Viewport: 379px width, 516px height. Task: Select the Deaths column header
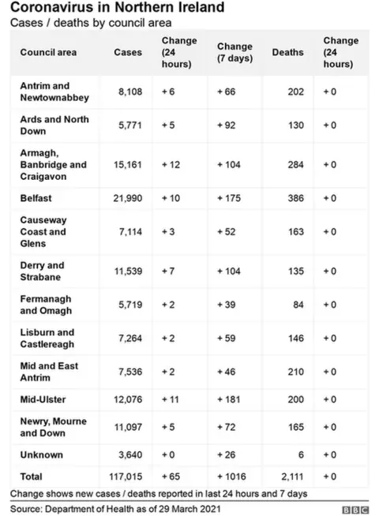pos(287,52)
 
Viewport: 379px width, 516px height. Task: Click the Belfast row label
pos(36,198)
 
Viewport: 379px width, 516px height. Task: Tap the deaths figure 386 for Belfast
pos(295,198)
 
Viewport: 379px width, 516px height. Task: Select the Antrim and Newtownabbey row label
pos(54,92)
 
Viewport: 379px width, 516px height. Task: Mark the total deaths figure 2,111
pos(291,477)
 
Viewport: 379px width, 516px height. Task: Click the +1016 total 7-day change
pos(233,477)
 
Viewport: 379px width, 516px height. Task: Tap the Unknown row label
pos(41,454)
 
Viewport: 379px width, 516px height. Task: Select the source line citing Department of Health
pos(115,509)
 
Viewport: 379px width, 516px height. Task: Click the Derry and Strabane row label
pos(43,271)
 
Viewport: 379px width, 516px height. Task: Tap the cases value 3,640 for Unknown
pos(128,454)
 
